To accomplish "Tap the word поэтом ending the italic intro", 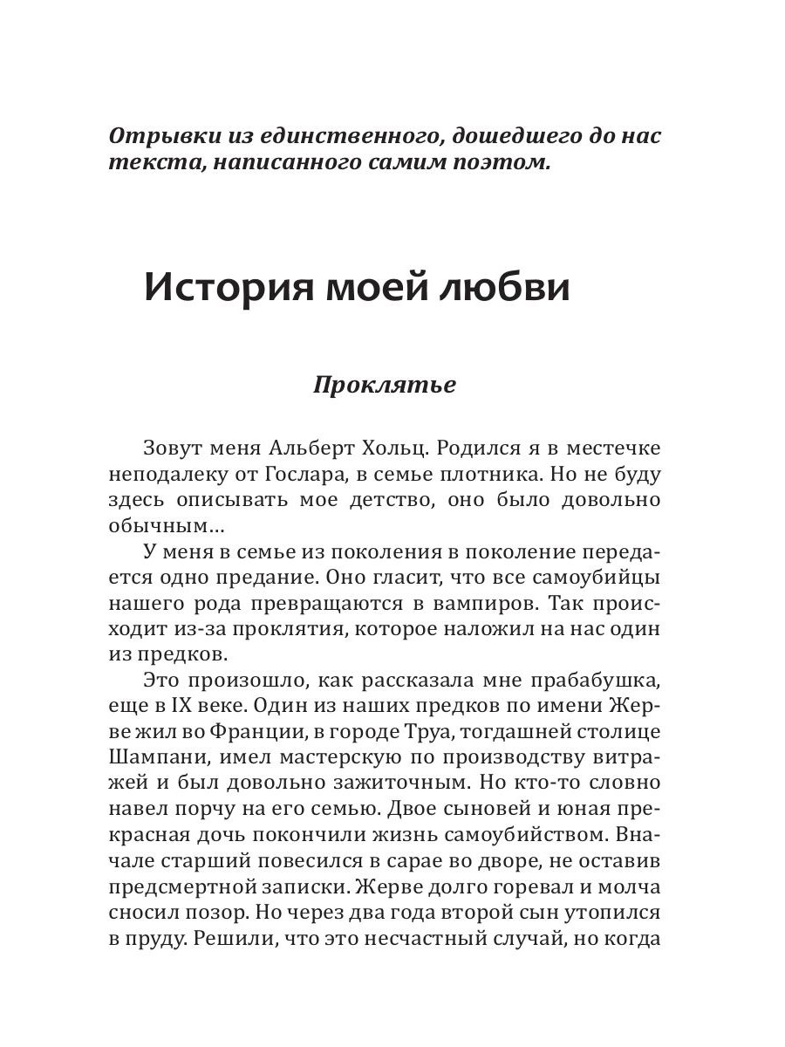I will (503, 164).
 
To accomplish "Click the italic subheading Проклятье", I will (385, 385).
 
